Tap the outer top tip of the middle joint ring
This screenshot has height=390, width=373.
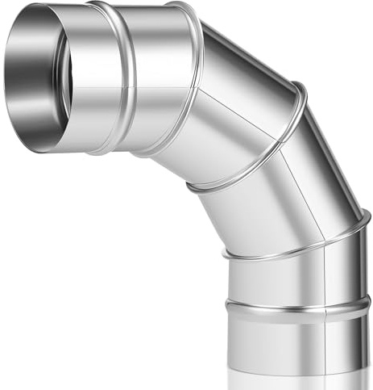point(300,86)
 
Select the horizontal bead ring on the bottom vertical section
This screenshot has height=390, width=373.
point(294,308)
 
